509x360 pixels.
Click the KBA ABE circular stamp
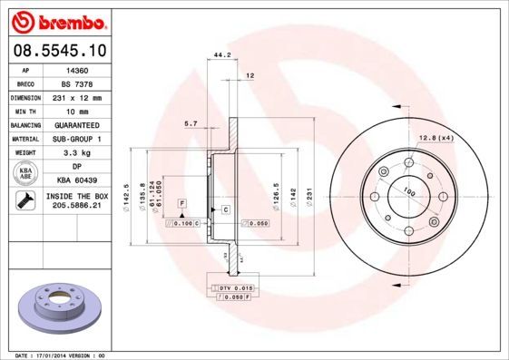pyautogui.click(x=24, y=174)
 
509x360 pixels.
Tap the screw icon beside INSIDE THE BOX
pyautogui.click(x=24, y=201)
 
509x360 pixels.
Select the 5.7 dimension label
pyautogui.click(x=191, y=122)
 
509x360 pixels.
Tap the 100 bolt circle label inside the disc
pyautogui.click(x=407, y=191)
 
